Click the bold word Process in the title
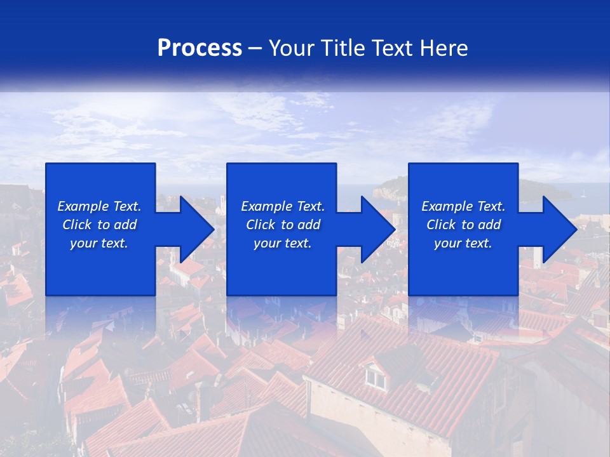tap(200, 48)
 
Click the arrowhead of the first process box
tap(196, 229)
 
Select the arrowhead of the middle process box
tap(377, 229)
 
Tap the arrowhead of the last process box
tap(559, 229)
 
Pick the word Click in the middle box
tap(261, 225)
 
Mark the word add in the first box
tap(126, 225)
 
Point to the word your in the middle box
tap(267, 243)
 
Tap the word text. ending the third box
tap(478, 243)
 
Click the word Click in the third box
tap(441, 225)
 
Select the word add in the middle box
tap(309, 225)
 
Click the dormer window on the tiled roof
tap(376, 378)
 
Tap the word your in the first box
tap(83, 243)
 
